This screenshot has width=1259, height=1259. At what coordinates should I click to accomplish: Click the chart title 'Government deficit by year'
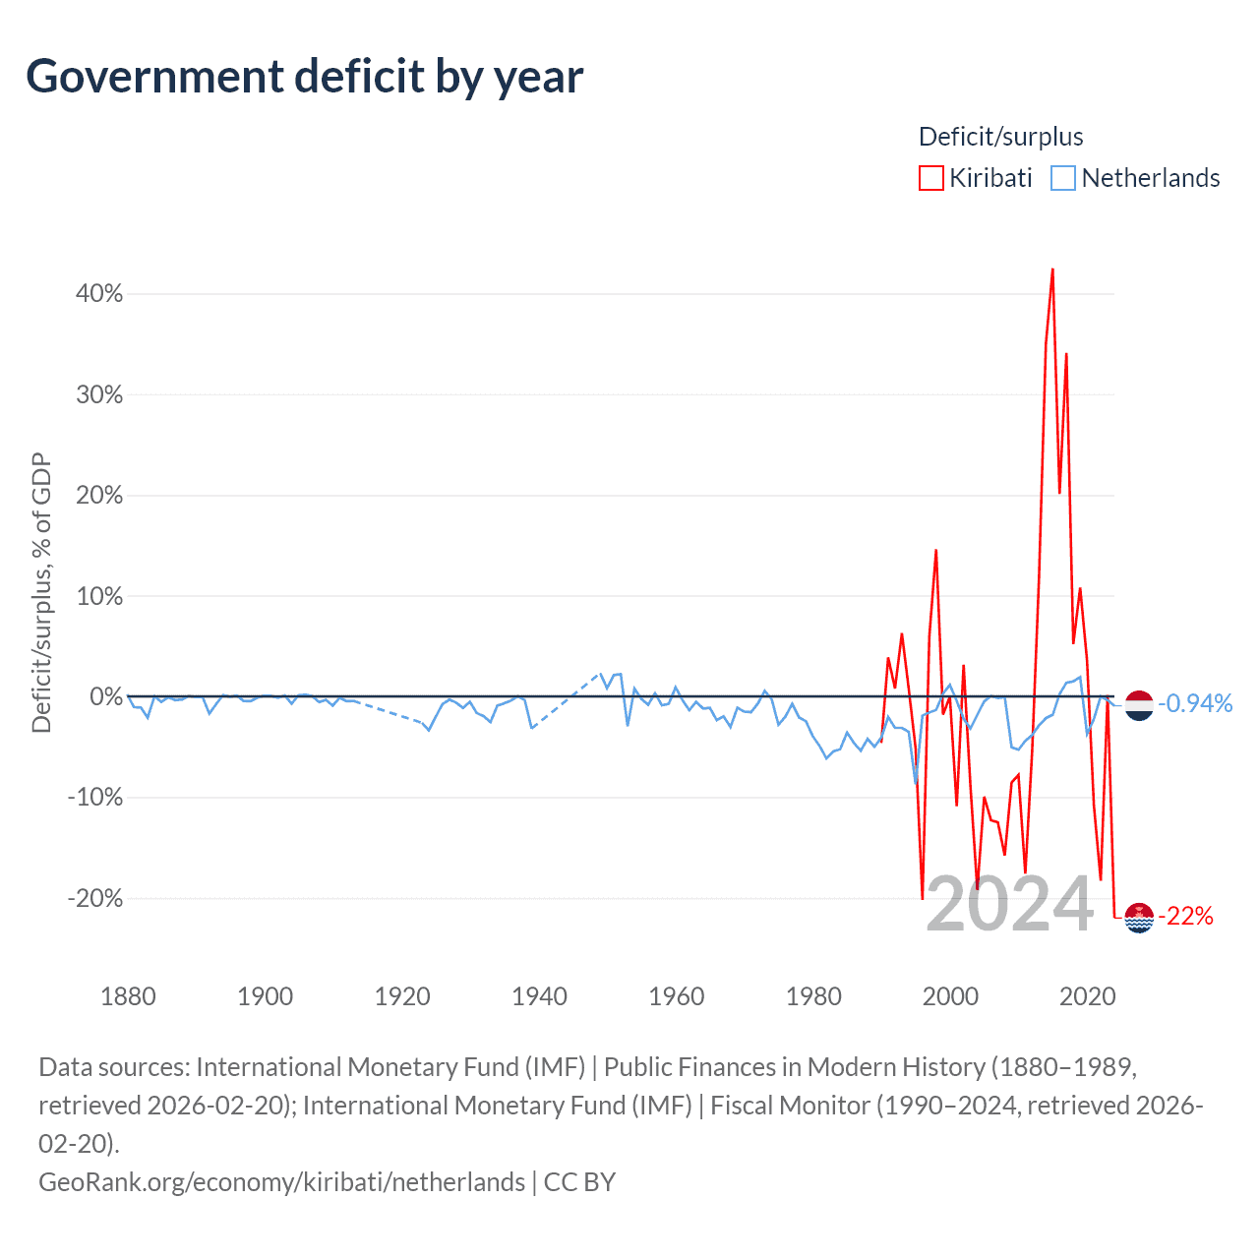304,77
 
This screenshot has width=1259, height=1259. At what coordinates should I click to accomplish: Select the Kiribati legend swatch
930,178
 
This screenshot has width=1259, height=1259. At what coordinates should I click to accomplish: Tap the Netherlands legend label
1150,178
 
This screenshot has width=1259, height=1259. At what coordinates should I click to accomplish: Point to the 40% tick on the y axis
99,293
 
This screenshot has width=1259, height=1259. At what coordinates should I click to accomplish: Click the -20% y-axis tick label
95,898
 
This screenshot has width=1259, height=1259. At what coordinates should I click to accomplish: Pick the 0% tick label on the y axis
105,696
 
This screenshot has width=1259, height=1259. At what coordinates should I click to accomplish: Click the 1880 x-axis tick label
128,996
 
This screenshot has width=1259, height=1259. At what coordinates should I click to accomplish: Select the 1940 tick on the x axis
539,996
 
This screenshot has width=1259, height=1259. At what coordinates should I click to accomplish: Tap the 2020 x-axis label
1087,996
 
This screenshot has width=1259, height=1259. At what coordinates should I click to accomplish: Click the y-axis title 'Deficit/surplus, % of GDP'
41,592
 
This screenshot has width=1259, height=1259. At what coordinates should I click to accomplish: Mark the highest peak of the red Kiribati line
1052,269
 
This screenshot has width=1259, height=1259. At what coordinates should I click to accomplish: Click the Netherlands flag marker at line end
1138,704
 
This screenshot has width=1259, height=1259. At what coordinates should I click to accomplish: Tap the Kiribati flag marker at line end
1138,917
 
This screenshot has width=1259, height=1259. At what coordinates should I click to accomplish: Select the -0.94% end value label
1195,703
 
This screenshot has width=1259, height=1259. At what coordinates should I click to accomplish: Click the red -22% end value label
1186,917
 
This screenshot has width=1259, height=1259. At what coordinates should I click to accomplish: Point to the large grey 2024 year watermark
1009,904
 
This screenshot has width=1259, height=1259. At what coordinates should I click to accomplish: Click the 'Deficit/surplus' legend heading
1000,137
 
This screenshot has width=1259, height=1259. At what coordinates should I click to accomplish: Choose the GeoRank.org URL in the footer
281,1181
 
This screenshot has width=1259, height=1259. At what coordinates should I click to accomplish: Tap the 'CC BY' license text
579,1181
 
